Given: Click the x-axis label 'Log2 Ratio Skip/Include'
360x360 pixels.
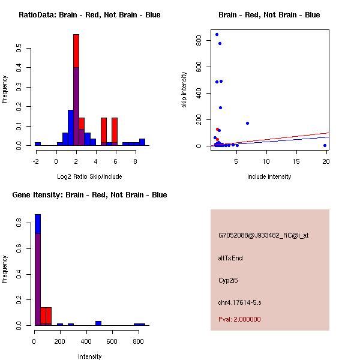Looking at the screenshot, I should [89, 176].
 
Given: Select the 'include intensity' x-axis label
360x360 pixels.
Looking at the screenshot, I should [269, 176].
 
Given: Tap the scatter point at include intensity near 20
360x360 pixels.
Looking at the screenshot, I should [325, 145].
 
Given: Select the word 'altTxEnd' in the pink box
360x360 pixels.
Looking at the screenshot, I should [230, 258].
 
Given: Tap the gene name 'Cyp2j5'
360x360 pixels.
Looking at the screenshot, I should [229, 280].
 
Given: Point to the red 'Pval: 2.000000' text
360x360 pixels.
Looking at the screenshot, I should [239, 319].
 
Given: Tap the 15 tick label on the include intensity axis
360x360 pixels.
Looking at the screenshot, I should [297, 160].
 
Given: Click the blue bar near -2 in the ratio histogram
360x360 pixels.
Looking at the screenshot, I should [37, 144].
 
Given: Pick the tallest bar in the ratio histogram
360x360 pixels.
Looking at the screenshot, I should [76, 90].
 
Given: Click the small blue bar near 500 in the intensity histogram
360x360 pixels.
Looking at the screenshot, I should [98, 323].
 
